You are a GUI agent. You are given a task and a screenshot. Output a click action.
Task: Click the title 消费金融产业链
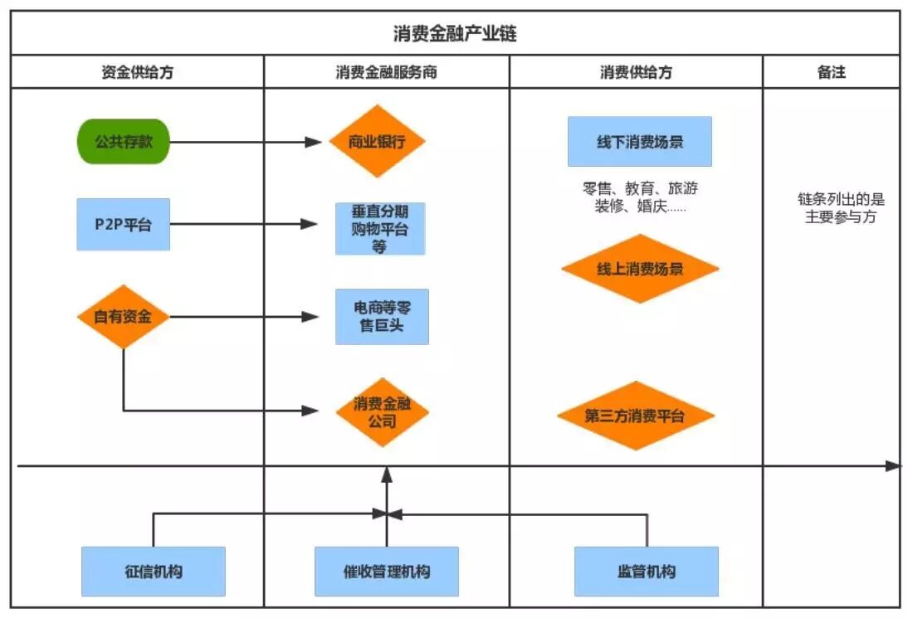tap(455, 34)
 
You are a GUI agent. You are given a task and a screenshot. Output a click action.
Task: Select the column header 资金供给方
tap(138, 72)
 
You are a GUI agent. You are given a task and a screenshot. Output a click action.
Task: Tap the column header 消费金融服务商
tap(387, 72)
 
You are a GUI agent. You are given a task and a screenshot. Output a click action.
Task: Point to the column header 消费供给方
tap(636, 72)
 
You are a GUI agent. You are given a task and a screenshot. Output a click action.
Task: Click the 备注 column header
tap(831, 72)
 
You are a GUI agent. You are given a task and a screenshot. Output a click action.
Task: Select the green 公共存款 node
tap(123, 142)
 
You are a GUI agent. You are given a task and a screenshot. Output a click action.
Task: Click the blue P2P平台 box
tap(123, 224)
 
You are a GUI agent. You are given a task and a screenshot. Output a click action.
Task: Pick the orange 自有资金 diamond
tap(123, 316)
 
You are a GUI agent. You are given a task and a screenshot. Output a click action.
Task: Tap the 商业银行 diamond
tap(378, 142)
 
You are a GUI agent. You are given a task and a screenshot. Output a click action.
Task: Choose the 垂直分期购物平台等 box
tap(380, 228)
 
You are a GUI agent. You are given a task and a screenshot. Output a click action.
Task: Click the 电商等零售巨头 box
tap(382, 316)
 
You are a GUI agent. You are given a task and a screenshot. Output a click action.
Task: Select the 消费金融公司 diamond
tap(382, 412)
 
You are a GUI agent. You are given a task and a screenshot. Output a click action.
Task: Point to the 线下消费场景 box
tap(639, 142)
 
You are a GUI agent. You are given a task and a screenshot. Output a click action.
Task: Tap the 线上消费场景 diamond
tap(639, 269)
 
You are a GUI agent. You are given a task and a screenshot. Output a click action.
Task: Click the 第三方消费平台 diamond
tap(635, 416)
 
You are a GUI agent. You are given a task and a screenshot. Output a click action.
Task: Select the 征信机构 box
tap(154, 572)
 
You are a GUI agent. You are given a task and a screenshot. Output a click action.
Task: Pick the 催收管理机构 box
tap(387, 572)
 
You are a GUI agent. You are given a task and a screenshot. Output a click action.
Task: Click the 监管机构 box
tap(647, 572)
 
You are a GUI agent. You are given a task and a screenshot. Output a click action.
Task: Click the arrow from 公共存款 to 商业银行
tap(241, 142)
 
